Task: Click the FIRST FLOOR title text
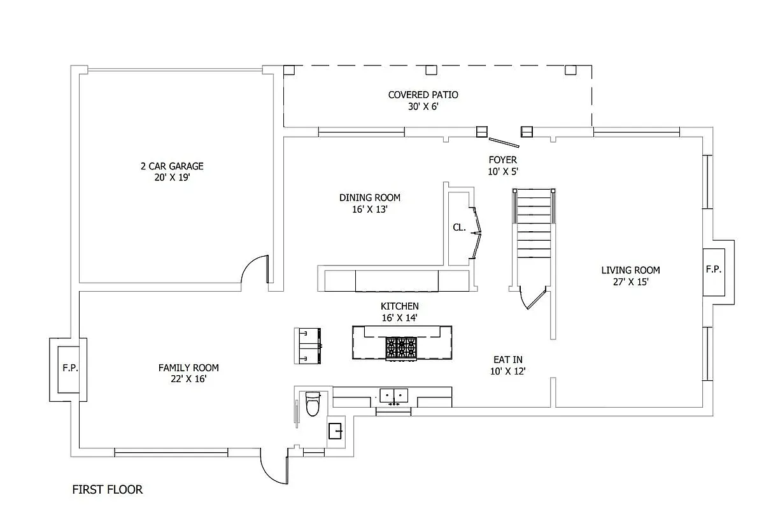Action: pyautogui.click(x=108, y=489)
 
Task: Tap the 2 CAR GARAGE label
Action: pyautogui.click(x=172, y=166)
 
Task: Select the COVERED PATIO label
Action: pyautogui.click(x=423, y=95)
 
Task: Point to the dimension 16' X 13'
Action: pyautogui.click(x=370, y=209)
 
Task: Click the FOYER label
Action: pyautogui.click(x=502, y=160)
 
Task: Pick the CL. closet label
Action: pyautogui.click(x=459, y=227)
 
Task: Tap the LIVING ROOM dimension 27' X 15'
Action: pyautogui.click(x=631, y=282)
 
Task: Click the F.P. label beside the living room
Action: pyautogui.click(x=714, y=269)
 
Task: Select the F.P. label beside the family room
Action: pyautogui.click(x=70, y=368)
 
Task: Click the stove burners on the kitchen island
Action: pyautogui.click(x=401, y=348)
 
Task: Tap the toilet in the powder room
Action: pyautogui.click(x=313, y=404)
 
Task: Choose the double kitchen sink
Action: pyautogui.click(x=394, y=396)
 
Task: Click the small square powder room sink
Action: pyautogui.click(x=335, y=431)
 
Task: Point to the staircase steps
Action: pyautogui.click(x=534, y=224)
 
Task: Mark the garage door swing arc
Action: pyautogui.click(x=253, y=266)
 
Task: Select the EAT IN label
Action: pyautogui.click(x=508, y=359)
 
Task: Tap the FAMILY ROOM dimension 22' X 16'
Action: pyautogui.click(x=188, y=379)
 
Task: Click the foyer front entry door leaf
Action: pyautogui.click(x=504, y=142)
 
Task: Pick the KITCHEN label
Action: pyautogui.click(x=399, y=306)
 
